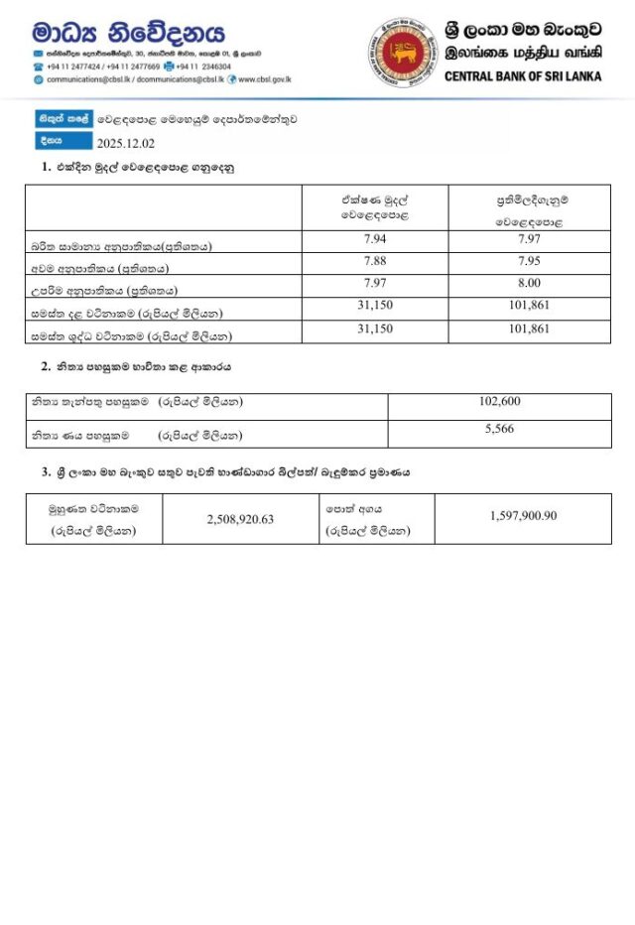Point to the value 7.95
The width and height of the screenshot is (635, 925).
[530, 262]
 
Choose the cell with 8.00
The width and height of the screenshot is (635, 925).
[530, 285]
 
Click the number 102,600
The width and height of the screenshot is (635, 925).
[499, 402]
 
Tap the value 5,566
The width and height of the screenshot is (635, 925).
[499, 429]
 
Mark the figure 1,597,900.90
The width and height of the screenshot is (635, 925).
[523, 516]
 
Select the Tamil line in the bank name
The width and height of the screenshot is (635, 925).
[523, 55]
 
